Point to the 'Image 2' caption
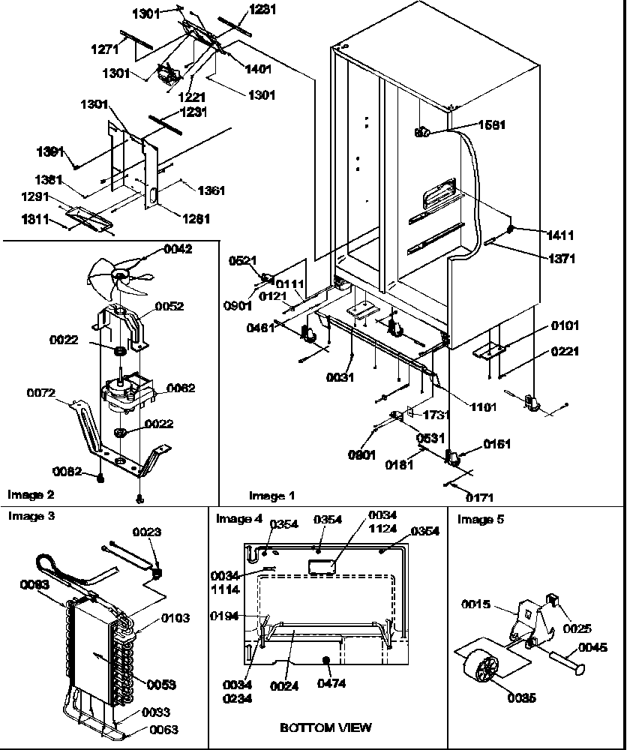point(30,494)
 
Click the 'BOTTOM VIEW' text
point(325,727)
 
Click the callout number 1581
point(490,125)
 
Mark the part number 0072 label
point(42,393)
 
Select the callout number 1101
point(484,407)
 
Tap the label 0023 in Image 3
point(147,532)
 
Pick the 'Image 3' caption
point(30,516)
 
